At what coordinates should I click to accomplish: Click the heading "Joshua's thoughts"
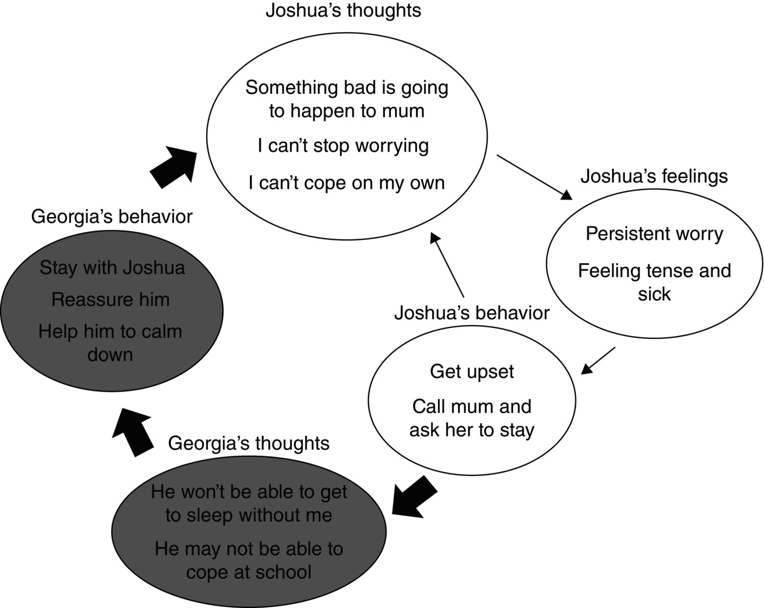(x=343, y=11)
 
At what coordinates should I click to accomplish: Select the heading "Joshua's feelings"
(x=654, y=176)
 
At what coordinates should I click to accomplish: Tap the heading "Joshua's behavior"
(x=471, y=313)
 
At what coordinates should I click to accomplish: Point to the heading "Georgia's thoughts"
(x=249, y=443)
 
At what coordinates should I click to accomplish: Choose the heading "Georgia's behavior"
(x=112, y=217)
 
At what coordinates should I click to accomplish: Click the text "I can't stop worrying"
(x=343, y=146)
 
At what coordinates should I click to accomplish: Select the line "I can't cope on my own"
(x=346, y=183)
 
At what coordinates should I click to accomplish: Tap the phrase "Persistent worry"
(x=654, y=234)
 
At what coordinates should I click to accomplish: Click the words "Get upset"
(x=472, y=372)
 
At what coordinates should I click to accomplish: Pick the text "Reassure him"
(x=110, y=300)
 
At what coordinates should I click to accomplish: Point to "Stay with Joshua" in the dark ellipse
(x=112, y=268)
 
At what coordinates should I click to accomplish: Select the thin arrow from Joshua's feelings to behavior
(x=599, y=359)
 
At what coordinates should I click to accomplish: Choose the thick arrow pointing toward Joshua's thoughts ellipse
(x=174, y=166)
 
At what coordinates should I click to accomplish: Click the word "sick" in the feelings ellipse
(x=654, y=294)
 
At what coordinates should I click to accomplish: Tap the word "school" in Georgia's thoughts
(x=283, y=572)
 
